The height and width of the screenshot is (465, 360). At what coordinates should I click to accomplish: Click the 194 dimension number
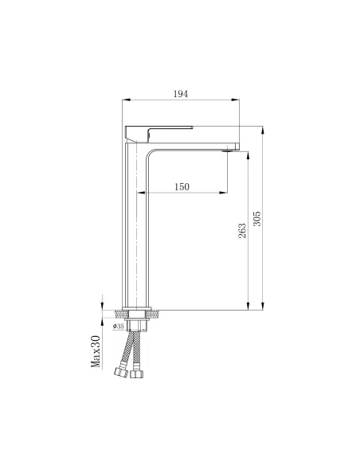pos(181,94)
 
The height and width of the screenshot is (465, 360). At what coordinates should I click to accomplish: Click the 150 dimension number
pos(181,186)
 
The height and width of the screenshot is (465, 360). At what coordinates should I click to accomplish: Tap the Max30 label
pos(96,350)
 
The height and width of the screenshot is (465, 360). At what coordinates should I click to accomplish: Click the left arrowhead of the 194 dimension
pos(125,101)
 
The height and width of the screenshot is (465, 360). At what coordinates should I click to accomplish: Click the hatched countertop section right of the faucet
pos(156,312)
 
